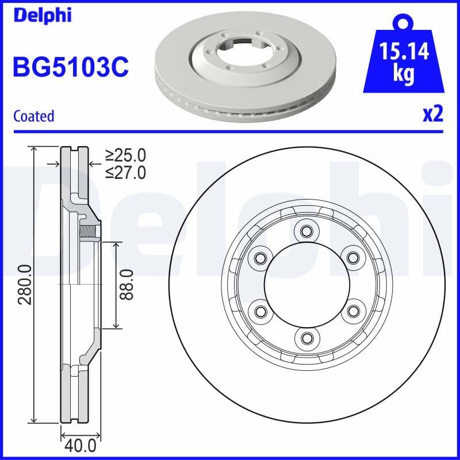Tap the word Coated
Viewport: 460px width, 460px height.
point(33,116)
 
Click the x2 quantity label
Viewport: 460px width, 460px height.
point(432,114)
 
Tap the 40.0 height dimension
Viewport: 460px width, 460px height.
point(80,444)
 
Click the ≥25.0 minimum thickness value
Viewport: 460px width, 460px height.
point(125,155)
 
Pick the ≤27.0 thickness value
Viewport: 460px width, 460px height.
point(125,172)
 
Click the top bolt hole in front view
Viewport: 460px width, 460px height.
point(306,232)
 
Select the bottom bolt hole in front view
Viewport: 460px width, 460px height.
point(306,337)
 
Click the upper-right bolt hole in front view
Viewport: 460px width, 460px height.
point(352,258)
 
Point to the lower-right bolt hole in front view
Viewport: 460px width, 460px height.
point(352,311)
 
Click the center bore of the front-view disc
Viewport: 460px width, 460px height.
point(306,285)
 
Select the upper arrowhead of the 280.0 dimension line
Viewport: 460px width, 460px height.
point(35,149)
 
